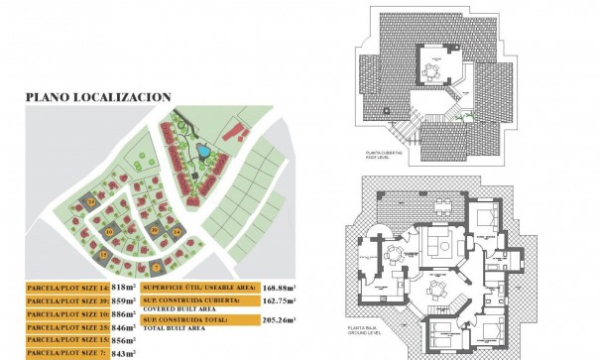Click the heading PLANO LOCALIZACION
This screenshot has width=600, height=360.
click(x=98, y=97)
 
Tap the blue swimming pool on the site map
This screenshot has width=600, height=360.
click(x=201, y=152)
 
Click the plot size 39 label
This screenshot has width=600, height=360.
click(x=66, y=300)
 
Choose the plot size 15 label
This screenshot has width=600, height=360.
click(x=66, y=340)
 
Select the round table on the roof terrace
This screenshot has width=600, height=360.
click(x=433, y=70)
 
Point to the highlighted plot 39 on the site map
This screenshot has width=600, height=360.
click(x=154, y=229)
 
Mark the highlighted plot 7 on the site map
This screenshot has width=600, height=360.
click(x=155, y=266)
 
